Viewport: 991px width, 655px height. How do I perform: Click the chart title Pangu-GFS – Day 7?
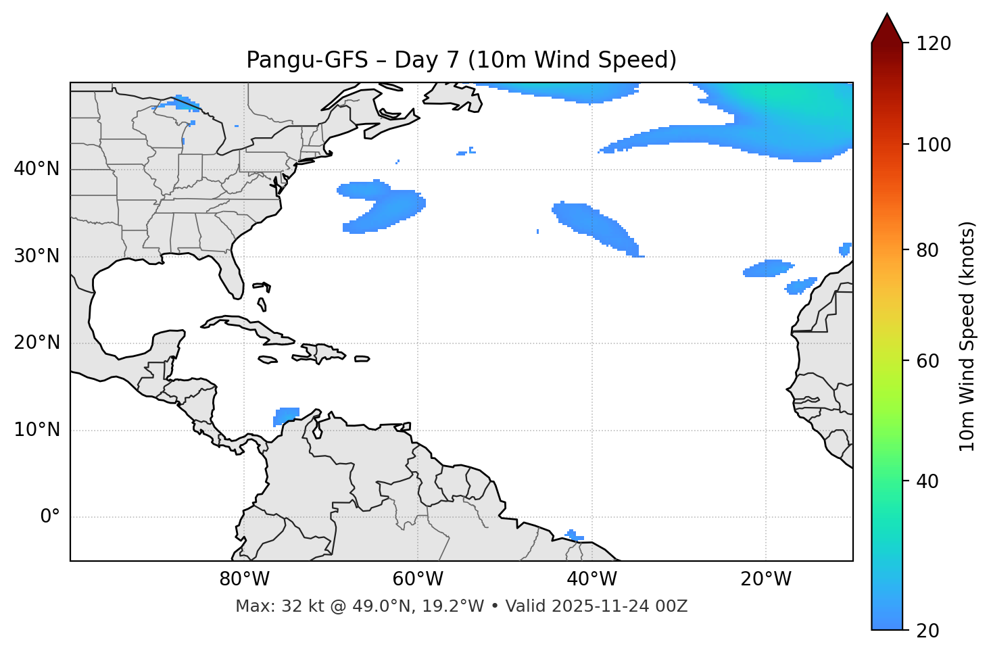click(x=461, y=60)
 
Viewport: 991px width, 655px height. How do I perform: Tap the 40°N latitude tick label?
click(x=37, y=169)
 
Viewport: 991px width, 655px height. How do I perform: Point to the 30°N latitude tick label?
click(x=37, y=256)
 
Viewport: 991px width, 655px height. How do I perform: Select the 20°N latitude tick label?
click(x=37, y=343)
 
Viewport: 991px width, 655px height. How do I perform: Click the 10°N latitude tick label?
click(x=37, y=430)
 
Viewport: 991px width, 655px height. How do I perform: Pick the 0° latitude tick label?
click(x=49, y=517)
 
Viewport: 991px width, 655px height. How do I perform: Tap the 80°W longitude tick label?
click(x=244, y=579)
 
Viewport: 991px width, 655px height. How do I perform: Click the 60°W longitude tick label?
click(x=418, y=579)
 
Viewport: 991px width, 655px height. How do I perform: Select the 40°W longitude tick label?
click(x=591, y=579)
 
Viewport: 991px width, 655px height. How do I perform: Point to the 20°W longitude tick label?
click(x=765, y=579)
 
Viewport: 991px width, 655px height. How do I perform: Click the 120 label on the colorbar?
click(x=933, y=44)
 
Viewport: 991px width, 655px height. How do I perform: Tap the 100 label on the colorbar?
click(x=933, y=145)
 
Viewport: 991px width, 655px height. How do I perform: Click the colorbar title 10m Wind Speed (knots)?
click(x=967, y=336)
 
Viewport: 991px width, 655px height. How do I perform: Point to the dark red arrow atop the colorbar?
click(x=887, y=29)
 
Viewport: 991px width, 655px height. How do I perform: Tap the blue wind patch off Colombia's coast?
click(x=286, y=415)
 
